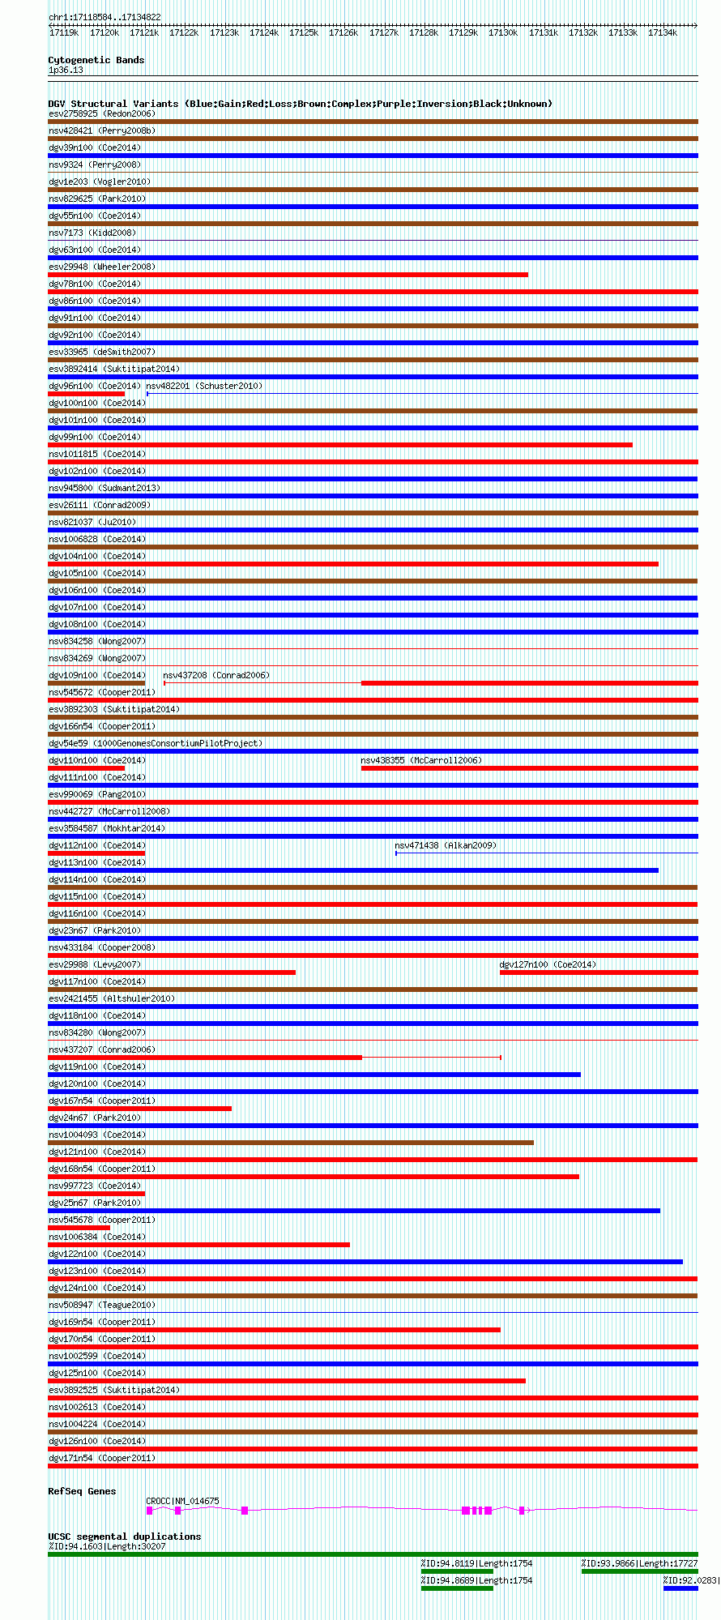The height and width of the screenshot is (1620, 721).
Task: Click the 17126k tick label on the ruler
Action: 343,32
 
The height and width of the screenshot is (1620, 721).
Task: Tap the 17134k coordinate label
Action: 662,32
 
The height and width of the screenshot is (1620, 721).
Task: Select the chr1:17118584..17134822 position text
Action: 105,17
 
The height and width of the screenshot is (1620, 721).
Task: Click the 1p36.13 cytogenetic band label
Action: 66,71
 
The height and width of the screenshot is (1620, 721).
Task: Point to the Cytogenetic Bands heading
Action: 96,60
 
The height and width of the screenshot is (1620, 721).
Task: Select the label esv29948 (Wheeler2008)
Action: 101,267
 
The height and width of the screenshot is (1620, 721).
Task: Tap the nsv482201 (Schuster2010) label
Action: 204,386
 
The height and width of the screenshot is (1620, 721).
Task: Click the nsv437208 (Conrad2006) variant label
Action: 216,675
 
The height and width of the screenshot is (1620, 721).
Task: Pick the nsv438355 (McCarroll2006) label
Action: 421,760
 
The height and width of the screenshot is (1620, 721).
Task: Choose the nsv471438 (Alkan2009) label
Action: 446,845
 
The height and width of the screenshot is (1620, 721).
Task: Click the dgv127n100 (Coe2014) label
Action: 548,964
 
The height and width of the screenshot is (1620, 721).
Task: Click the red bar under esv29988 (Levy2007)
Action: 172,972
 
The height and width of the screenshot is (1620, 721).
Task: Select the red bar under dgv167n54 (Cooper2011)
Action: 139,1109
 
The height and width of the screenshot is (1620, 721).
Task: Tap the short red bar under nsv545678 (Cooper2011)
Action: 79,1228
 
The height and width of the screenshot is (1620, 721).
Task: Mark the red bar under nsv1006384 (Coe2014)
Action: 198,1245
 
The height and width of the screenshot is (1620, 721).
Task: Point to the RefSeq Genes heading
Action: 82,1491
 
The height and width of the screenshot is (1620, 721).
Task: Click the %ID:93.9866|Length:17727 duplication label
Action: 639,1563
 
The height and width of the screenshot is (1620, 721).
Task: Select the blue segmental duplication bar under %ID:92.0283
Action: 680,1588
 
